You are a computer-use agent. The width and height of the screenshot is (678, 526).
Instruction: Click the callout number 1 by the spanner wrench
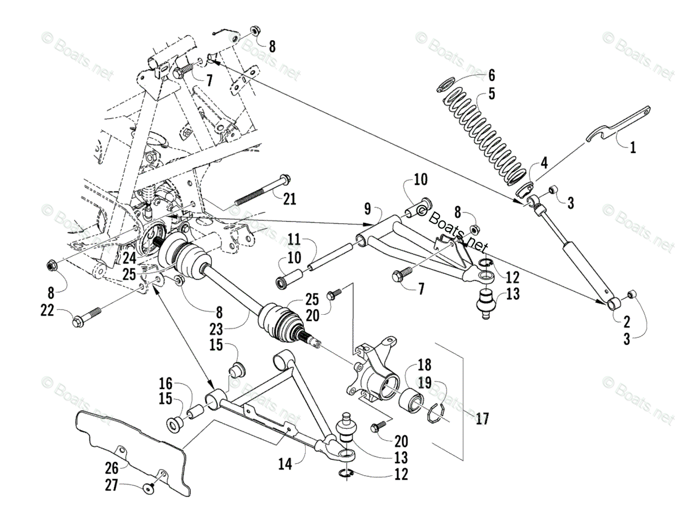pyautogui.click(x=633, y=148)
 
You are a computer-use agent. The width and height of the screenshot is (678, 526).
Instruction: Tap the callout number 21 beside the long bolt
pyautogui.click(x=290, y=198)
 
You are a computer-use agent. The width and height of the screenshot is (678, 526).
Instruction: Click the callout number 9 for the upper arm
pyautogui.click(x=367, y=210)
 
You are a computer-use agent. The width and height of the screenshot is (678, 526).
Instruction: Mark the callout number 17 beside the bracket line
pyautogui.click(x=482, y=419)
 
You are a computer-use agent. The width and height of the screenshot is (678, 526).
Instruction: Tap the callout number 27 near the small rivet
pyautogui.click(x=112, y=485)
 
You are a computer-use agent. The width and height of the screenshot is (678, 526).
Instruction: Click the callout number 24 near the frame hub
pyautogui.click(x=129, y=258)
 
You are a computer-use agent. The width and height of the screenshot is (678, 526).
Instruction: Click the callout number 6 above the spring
pyautogui.click(x=491, y=75)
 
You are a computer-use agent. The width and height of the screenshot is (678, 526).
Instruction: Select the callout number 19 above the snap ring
pyautogui.click(x=424, y=382)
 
